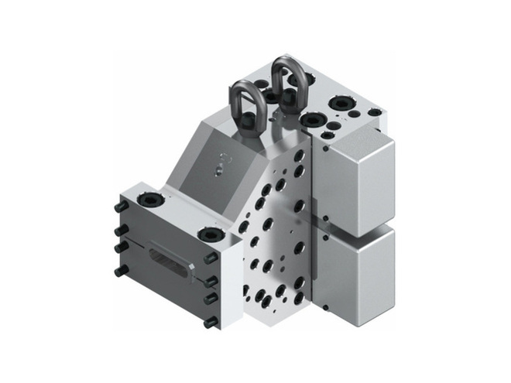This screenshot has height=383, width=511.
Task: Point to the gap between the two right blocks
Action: pos(352,227)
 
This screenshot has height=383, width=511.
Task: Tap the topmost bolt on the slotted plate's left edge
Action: pos(121,207)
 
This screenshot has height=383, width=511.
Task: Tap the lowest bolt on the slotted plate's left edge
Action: pos(121,271)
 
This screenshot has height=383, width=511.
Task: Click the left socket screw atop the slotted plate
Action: pos(149,200)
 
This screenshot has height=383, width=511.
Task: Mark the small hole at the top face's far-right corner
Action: pos(375,112)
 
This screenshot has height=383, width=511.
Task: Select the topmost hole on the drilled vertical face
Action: pos(298,156)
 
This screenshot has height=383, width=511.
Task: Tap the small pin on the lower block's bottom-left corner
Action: pos(326,308)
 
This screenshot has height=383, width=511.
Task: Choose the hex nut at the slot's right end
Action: pos(190,271)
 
